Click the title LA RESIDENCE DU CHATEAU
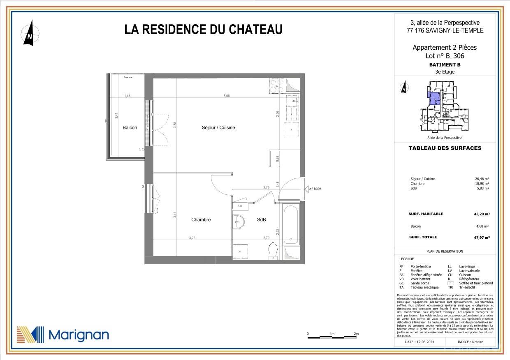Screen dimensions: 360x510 (x=203, y=30)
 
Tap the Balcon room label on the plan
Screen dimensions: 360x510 (x=130, y=128)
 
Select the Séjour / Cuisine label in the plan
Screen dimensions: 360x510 (x=218, y=128)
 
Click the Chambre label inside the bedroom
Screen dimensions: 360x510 (x=201, y=220)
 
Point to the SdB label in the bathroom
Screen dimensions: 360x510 (x=261, y=220)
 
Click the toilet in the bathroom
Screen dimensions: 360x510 (x=273, y=251)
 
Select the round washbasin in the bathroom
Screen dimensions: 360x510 (x=238, y=222)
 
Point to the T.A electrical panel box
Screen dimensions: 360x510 (x=239, y=205)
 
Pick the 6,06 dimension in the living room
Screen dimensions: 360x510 (x=226, y=96)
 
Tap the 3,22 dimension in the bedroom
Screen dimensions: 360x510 (x=192, y=238)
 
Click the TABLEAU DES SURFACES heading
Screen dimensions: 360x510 (x=445, y=148)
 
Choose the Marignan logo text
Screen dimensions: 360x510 (x=79, y=335)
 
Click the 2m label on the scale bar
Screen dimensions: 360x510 (x=356, y=334)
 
